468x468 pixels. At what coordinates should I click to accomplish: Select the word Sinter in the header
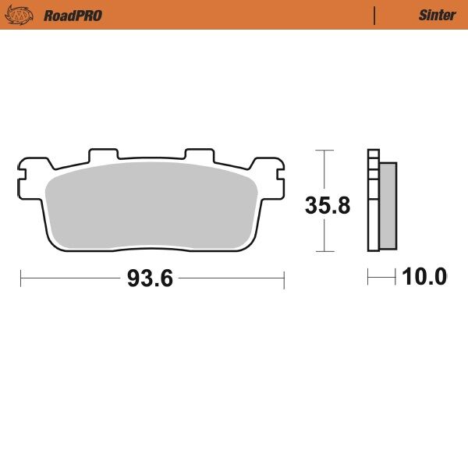tap(437, 15)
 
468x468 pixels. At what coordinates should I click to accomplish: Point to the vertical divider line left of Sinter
tap(375, 15)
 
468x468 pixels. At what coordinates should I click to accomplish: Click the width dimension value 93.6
tap(151, 278)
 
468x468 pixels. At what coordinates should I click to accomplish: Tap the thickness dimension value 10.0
tap(424, 277)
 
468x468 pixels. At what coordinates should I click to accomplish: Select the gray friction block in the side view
tap(388, 206)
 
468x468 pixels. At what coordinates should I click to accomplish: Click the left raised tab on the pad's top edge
tap(103, 154)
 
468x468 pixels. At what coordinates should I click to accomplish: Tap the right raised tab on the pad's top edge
tap(197, 154)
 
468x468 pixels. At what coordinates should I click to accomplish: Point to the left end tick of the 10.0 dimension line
tap(369, 277)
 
